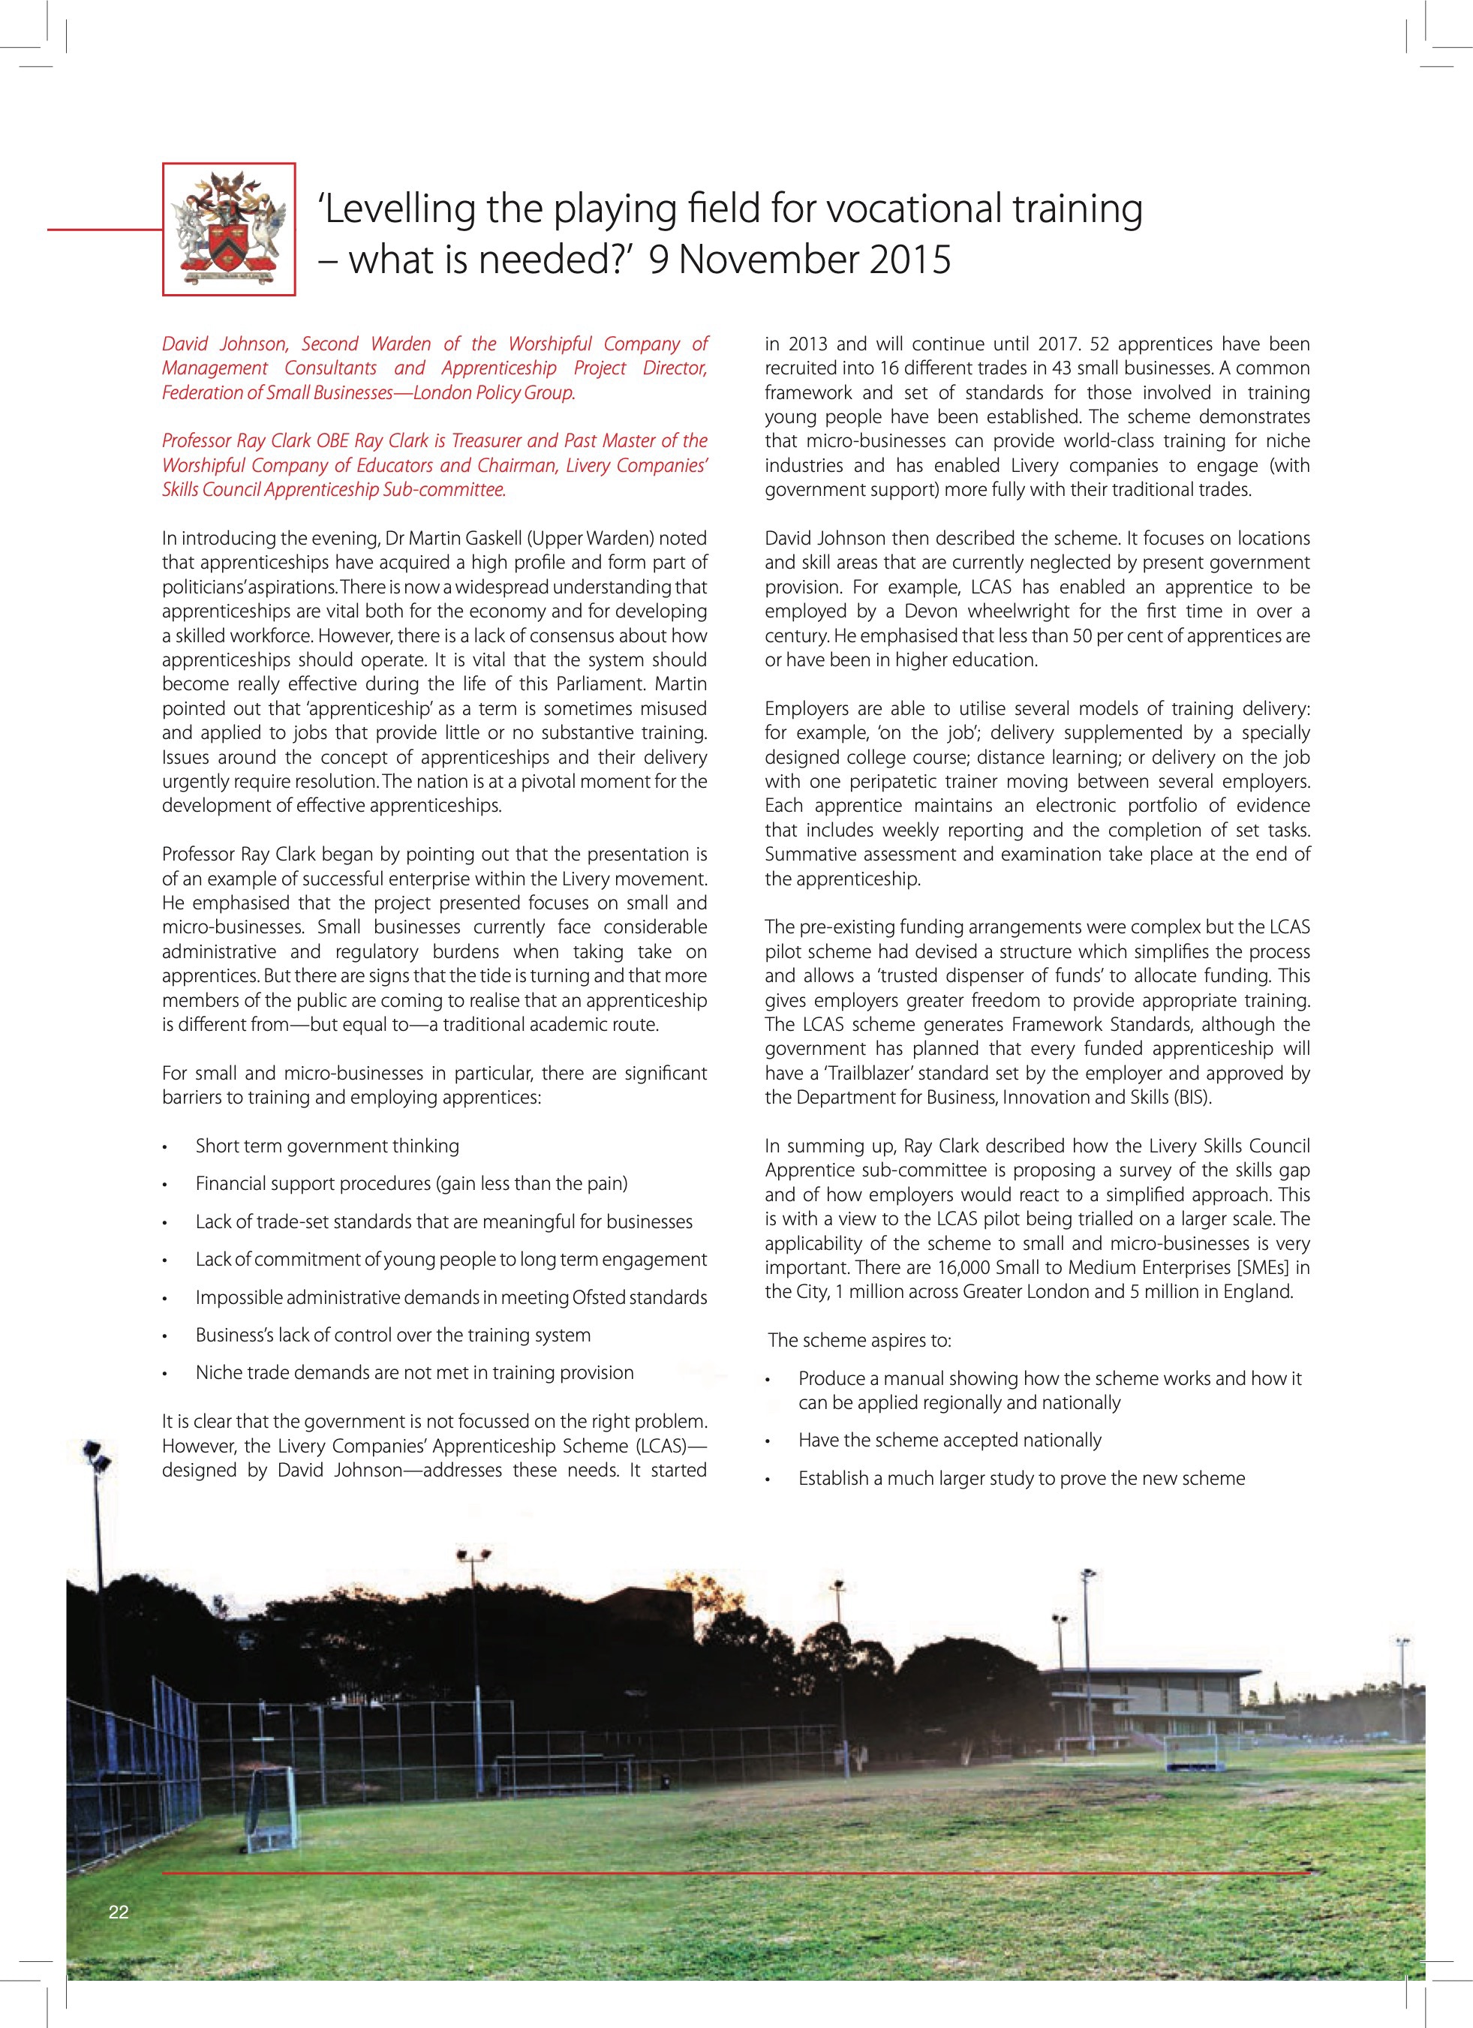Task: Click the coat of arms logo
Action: [x=229, y=229]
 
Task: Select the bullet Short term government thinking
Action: [x=327, y=1146]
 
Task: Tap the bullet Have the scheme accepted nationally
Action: [x=950, y=1440]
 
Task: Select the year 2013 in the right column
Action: [x=807, y=344]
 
